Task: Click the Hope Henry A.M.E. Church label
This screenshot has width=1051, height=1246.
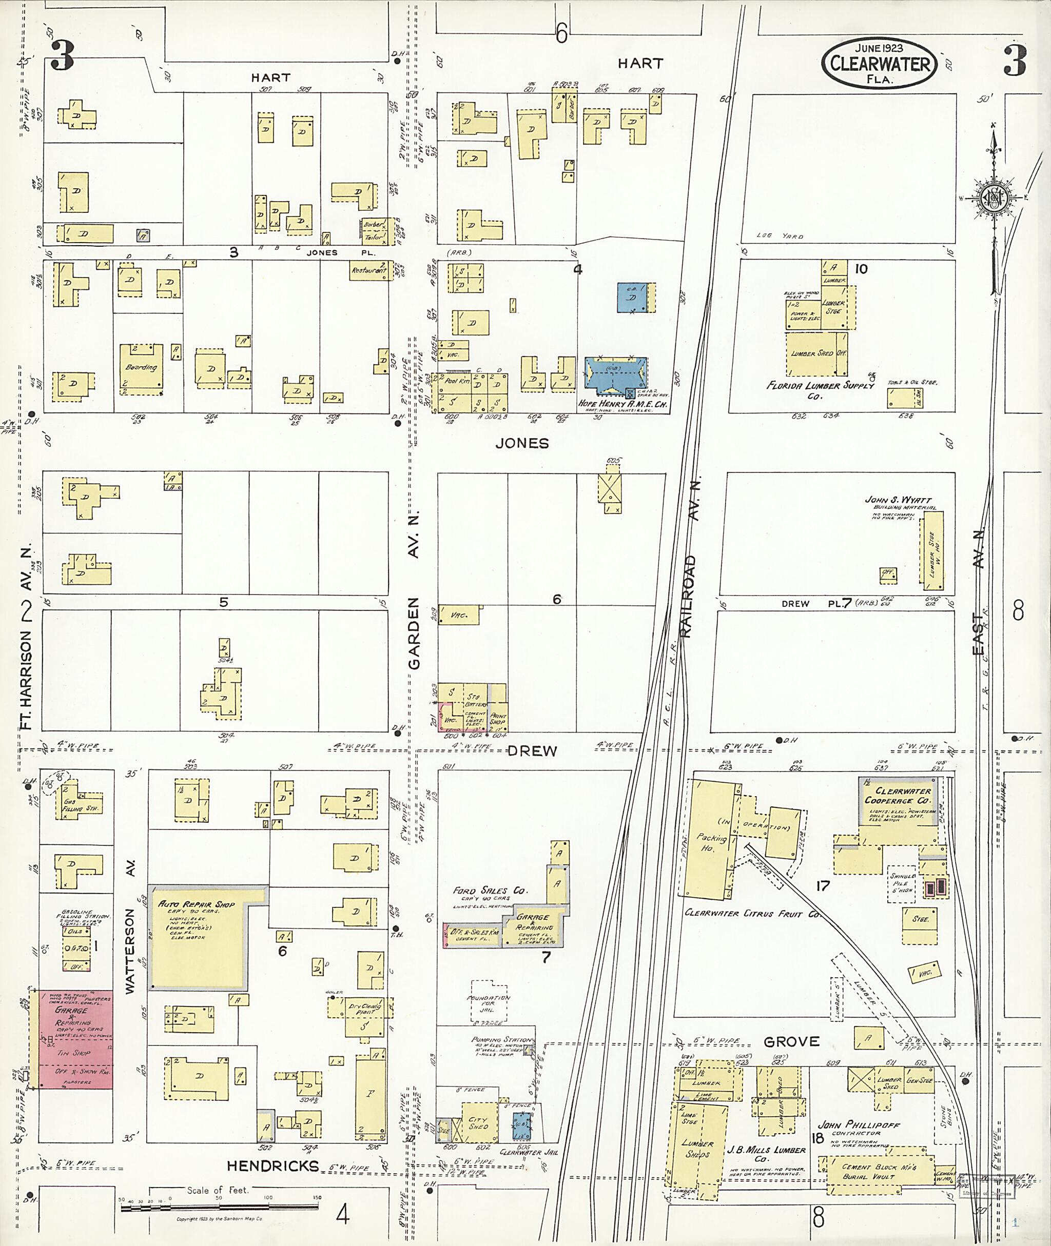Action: coord(615,403)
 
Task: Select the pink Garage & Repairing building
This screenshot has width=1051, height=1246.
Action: coord(75,1039)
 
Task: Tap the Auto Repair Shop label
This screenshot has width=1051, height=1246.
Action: coord(197,904)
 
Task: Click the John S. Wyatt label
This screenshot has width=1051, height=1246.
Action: coord(898,500)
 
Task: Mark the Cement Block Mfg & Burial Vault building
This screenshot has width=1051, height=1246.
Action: coord(878,1172)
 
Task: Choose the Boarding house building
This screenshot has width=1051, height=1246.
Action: coord(141,369)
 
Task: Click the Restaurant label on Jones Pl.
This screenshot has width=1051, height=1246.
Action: coord(369,270)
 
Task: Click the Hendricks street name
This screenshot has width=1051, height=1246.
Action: coord(273,1165)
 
